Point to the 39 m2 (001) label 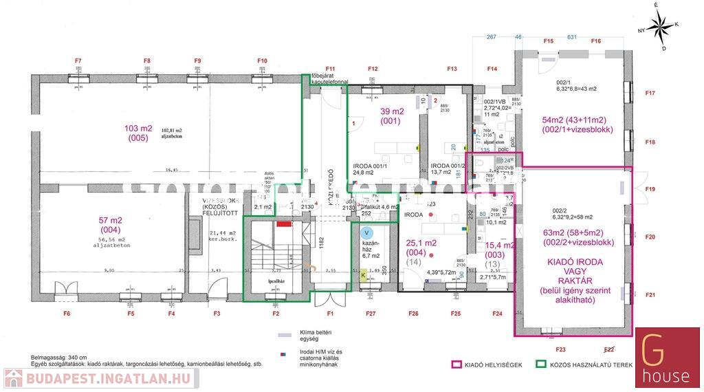pyautogui.click(x=393, y=116)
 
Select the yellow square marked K pyautogui.click(x=364, y=275)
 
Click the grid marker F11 pyautogui.click(x=331, y=69)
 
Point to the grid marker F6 pyautogui.click(x=67, y=314)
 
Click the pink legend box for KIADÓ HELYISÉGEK pyautogui.click(x=454, y=366)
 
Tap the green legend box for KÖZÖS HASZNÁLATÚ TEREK pyautogui.click(x=542, y=366)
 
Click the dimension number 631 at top pyautogui.click(x=571, y=37)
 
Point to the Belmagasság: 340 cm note pyautogui.click(x=59, y=358)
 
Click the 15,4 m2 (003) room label pyautogui.click(x=500, y=250)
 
